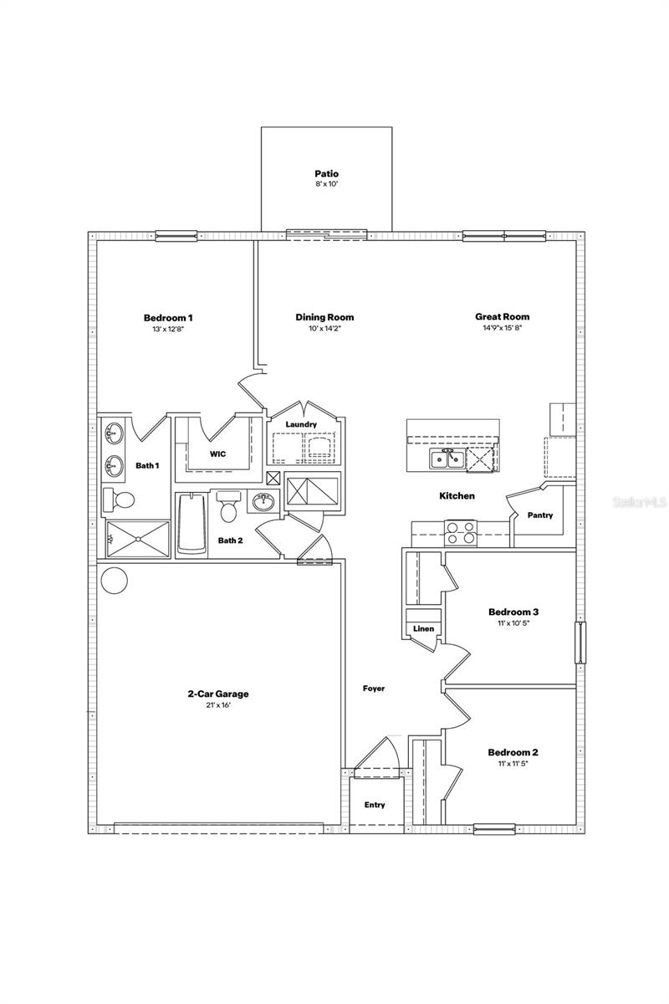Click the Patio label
327,174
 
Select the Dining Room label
324,317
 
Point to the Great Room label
503,317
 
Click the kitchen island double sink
444,458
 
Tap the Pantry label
540,515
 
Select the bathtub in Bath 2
192,523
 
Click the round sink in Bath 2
263,503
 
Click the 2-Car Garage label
218,694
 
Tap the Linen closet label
422,629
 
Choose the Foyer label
374,689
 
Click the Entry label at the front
375,805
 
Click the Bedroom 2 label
513,752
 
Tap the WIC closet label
217,454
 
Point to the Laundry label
301,425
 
